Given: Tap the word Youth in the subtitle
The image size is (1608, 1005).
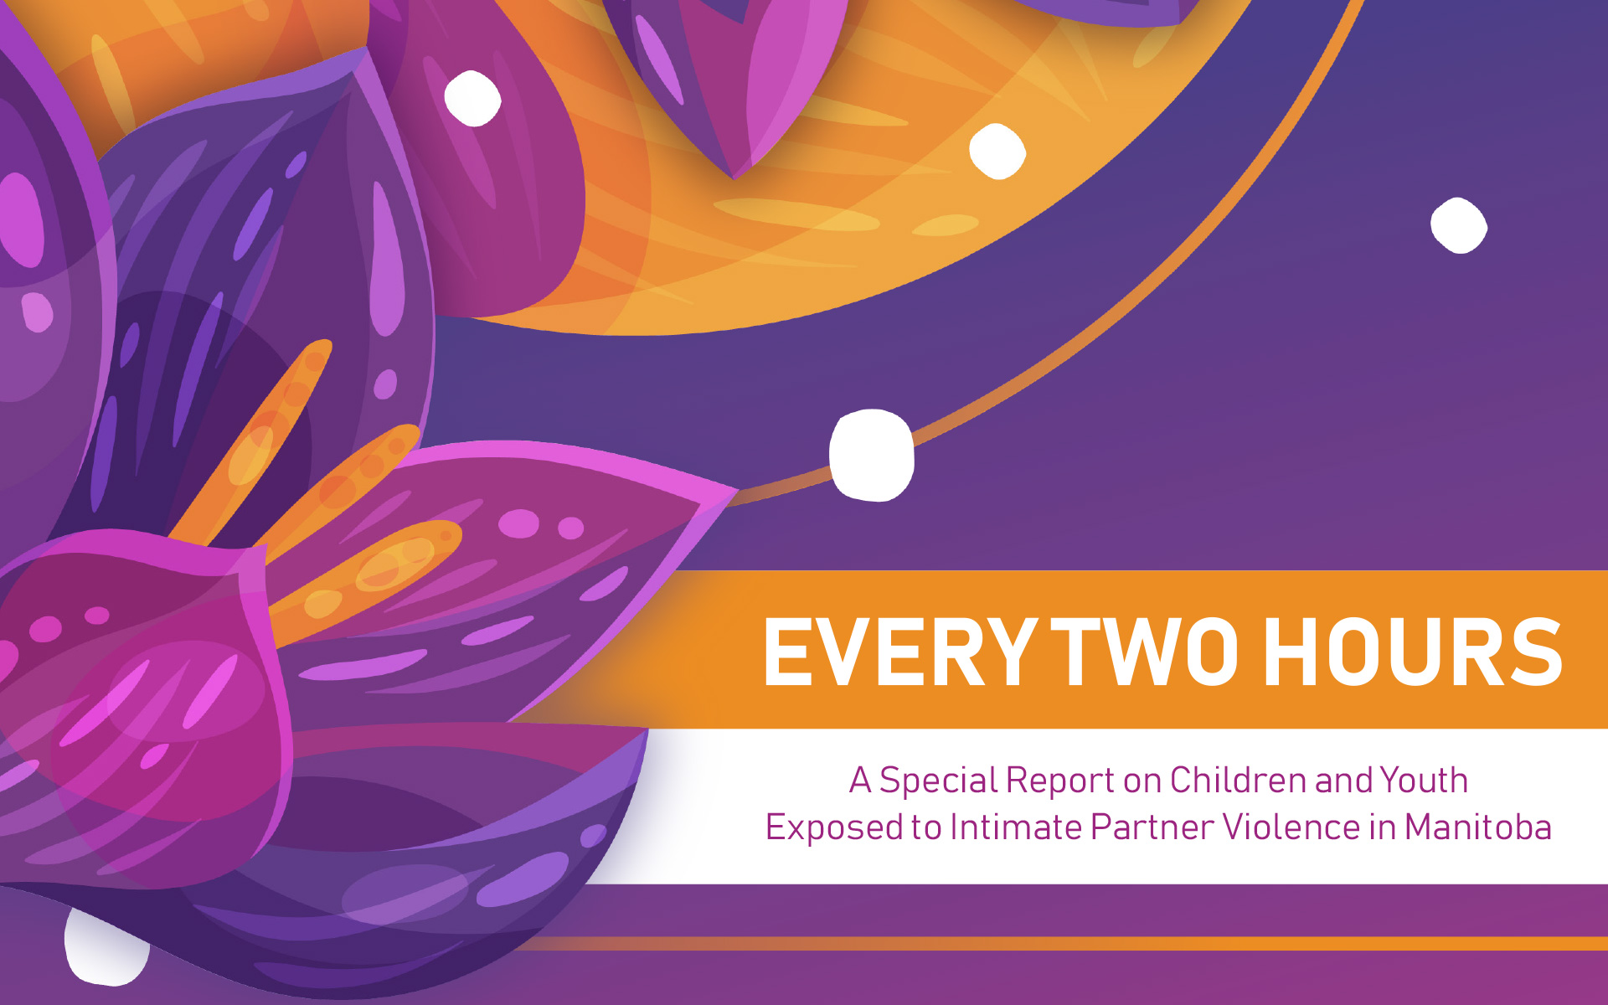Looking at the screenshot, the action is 1424,780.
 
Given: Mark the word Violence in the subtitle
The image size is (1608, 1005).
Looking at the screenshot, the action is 1291,827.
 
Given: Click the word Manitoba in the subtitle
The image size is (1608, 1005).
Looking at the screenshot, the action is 1478,827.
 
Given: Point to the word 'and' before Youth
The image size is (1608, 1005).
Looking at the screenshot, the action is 1343,781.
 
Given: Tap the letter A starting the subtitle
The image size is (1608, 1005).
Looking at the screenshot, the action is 860,780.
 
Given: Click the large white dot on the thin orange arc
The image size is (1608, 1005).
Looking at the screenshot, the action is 872,455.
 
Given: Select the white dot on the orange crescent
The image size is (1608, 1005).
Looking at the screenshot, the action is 997,152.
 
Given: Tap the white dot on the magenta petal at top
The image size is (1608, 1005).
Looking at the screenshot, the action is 472,98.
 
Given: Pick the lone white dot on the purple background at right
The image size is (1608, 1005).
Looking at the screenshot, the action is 1459,225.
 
